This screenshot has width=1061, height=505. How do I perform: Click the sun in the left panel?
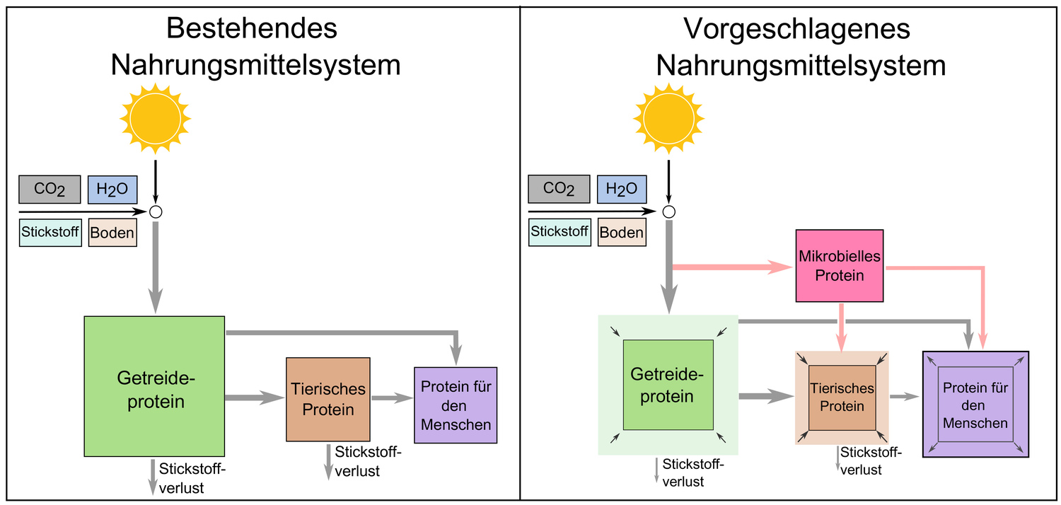(x=156, y=118)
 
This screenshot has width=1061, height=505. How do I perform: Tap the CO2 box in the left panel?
(x=50, y=190)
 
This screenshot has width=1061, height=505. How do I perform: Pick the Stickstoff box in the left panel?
(x=50, y=232)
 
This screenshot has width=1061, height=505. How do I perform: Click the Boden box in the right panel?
(x=622, y=232)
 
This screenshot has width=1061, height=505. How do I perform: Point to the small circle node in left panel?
(x=156, y=211)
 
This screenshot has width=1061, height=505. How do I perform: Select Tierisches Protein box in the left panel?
(x=328, y=399)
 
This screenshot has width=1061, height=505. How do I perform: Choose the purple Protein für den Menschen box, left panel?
(x=456, y=405)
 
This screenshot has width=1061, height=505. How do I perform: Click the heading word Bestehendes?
(x=251, y=29)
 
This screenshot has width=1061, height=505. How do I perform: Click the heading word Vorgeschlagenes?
(x=796, y=29)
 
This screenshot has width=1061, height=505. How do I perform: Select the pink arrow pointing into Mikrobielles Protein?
(x=729, y=267)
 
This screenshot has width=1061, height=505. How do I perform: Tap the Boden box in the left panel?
(x=112, y=233)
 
